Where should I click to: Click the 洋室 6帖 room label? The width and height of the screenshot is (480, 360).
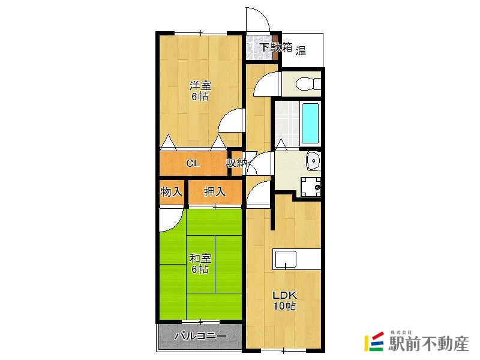pyautogui.click(x=200, y=91)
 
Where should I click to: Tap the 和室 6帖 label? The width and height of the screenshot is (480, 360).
pyautogui.click(x=200, y=264)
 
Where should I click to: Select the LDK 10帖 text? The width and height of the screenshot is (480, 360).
pyautogui.click(x=284, y=301)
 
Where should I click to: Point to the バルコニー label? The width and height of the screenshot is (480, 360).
pyautogui.click(x=200, y=336)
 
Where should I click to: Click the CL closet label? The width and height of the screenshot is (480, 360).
pyautogui.click(x=193, y=163)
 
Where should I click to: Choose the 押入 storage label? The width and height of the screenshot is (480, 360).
pyautogui.click(x=215, y=192)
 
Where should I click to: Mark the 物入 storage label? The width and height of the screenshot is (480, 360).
pyautogui.click(x=172, y=192)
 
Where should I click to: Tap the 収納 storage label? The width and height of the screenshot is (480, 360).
pyautogui.click(x=236, y=163)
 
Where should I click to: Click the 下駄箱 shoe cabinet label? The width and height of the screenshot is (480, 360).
pyautogui.click(x=276, y=47)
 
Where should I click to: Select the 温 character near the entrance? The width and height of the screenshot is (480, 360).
pyautogui.click(x=301, y=50)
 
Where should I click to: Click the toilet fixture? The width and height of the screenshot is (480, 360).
pyautogui.click(x=308, y=83)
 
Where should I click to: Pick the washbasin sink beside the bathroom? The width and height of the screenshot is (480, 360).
pyautogui.click(x=313, y=160)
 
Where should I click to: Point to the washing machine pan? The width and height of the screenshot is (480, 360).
pyautogui.click(x=310, y=187)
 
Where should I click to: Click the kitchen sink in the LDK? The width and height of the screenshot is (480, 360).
pyautogui.click(x=286, y=259)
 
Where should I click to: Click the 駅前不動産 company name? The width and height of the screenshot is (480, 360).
pyautogui.click(x=428, y=344)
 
